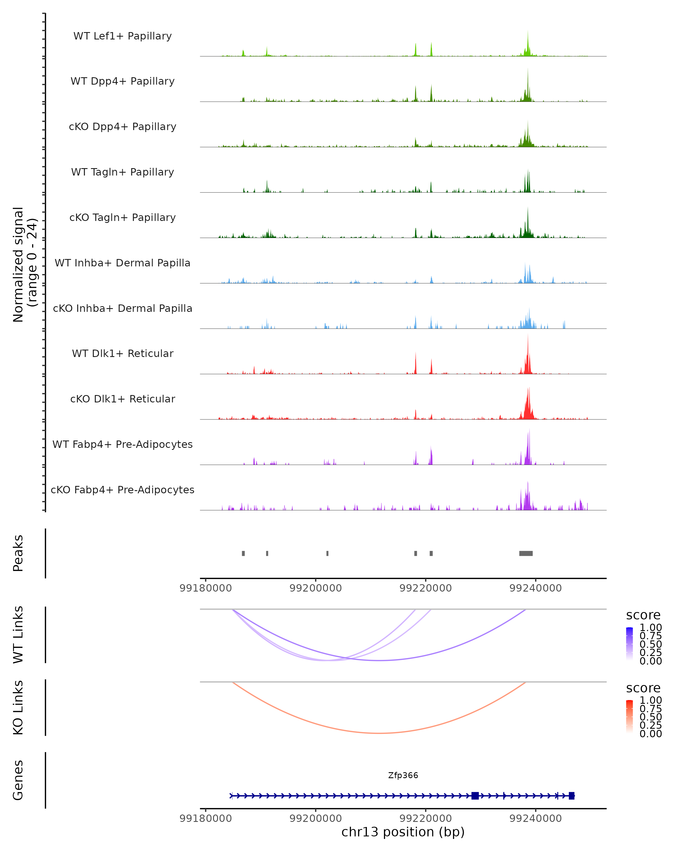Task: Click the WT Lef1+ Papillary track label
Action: [122, 36]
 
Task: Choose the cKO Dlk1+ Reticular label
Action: [122, 399]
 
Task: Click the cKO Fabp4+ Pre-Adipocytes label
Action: [122, 490]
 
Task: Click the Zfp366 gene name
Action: [403, 775]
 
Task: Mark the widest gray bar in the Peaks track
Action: [526, 553]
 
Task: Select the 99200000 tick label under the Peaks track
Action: [315, 588]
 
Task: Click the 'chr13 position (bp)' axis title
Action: [403, 832]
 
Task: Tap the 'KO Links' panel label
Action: [18, 707]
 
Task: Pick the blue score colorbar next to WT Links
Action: [629, 643]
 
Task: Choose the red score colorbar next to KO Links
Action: [629, 716]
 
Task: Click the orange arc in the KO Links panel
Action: [380, 733]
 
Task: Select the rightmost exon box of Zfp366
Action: [571, 795]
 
